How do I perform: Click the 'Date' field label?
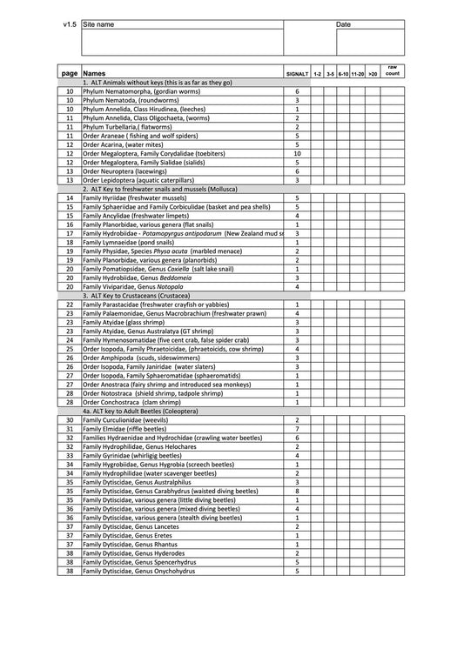[343, 24]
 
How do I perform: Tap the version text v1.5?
[70, 24]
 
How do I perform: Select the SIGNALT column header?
[297, 74]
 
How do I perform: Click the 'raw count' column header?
[393, 71]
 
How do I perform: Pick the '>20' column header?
[373, 74]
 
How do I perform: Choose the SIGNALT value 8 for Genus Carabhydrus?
[297, 491]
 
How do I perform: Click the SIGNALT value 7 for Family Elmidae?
[297, 429]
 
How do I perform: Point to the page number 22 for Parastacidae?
[70, 305]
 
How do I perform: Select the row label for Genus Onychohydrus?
[138, 572]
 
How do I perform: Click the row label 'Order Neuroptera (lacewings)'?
[124, 171]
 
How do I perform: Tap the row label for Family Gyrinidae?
[131, 455]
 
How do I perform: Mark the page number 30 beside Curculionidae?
[70, 420]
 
